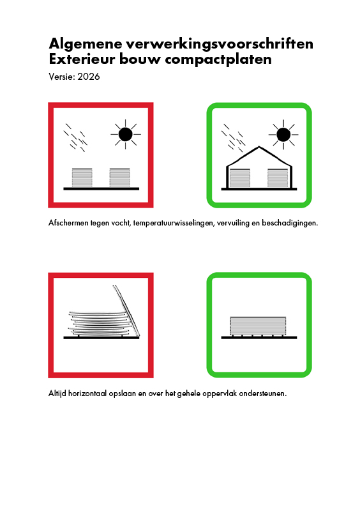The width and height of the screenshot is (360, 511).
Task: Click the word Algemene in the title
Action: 86,44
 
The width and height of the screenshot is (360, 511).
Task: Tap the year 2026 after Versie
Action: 89,77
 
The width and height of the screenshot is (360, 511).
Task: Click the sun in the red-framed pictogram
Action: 126,134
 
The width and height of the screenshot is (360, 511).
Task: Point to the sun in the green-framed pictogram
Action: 283,134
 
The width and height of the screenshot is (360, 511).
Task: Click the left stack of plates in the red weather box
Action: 82,178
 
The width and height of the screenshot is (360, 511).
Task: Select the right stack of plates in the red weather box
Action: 120,178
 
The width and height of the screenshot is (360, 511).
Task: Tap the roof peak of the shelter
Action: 259,147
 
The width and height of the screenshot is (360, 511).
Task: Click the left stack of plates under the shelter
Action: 240,178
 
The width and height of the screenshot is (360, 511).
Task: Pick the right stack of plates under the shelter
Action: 278,178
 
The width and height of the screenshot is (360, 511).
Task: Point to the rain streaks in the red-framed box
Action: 75,137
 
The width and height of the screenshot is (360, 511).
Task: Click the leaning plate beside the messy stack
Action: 126,311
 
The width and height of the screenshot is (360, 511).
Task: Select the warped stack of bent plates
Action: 100,324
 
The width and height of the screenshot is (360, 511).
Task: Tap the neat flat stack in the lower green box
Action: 258,326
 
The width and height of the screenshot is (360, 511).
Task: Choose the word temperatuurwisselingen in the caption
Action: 173,223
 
